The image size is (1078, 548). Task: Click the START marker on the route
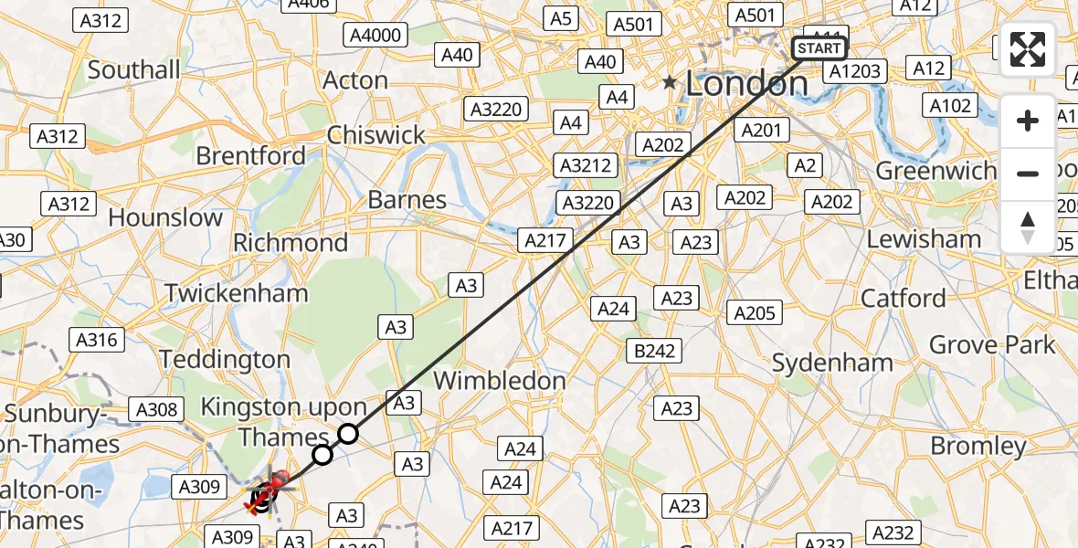pos(819,48)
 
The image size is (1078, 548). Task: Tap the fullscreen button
pos(1028,49)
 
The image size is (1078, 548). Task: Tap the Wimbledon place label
pos(499,380)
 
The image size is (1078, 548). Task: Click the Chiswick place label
pos(376,135)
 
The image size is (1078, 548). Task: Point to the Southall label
pos(134,69)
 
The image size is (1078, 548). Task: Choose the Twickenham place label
pos(237,293)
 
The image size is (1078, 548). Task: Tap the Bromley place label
pos(978,446)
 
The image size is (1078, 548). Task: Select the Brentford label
pos(251,156)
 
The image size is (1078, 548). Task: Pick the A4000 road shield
pos(376,36)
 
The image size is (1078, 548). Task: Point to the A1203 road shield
pos(855,71)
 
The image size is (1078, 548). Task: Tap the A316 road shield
pos(96,340)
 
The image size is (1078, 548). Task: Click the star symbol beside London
pos(671,83)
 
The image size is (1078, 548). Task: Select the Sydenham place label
pos(832,363)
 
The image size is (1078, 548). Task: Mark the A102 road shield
pos(949,106)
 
